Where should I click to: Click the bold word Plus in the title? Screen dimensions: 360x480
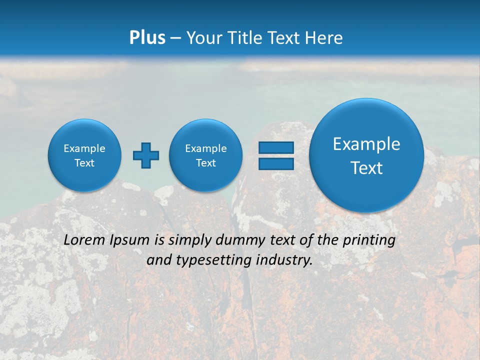pyautogui.click(x=147, y=38)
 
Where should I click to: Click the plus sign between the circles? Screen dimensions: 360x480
pyautogui.click(x=146, y=155)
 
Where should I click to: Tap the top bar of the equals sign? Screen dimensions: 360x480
pyautogui.click(x=276, y=147)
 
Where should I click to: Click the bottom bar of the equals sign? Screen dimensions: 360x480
pyautogui.click(x=276, y=164)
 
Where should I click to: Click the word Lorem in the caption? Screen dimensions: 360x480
pyautogui.click(x=84, y=240)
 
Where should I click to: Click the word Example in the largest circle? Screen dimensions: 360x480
pyautogui.click(x=366, y=144)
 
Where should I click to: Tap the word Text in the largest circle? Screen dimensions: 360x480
pyautogui.click(x=366, y=168)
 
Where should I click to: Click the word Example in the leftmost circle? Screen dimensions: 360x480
pyautogui.click(x=84, y=148)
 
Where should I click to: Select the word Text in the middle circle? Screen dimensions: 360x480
pyautogui.click(x=205, y=163)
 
